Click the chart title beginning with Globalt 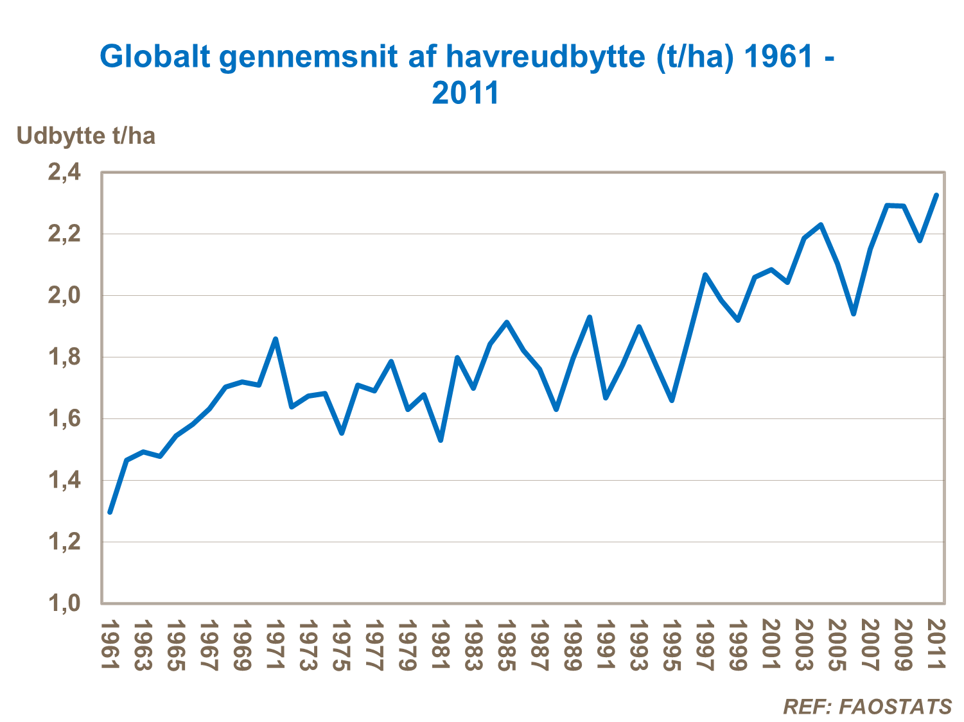tap(467, 74)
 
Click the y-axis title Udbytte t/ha tap(85, 136)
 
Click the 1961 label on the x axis tap(110, 645)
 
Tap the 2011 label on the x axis tap(937, 645)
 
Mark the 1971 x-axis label tap(276, 645)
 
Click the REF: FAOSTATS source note tap(867, 707)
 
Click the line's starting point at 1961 tap(110, 512)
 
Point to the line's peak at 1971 tap(276, 338)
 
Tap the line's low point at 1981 tap(441, 440)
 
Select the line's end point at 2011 tap(936, 195)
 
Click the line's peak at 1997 tap(705, 275)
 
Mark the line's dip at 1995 tap(672, 400)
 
